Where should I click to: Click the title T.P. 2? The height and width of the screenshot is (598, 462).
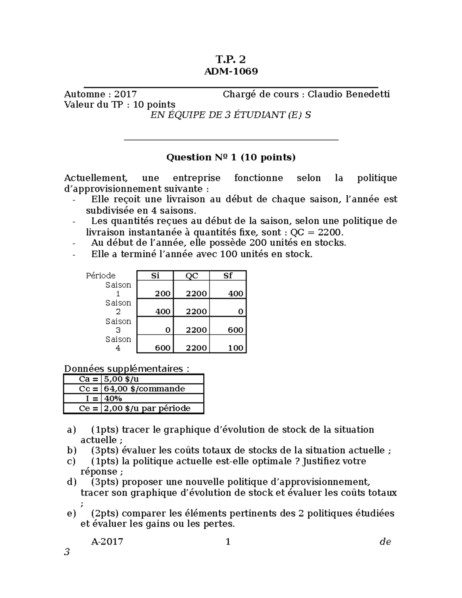(x=230, y=59)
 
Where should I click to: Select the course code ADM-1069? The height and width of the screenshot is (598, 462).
(x=231, y=71)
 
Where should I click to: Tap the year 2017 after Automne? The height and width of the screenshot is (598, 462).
(x=125, y=94)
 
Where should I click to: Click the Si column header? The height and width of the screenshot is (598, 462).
(x=155, y=276)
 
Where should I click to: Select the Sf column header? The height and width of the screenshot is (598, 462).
(x=228, y=276)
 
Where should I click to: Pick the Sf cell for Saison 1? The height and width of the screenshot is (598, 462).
(x=235, y=293)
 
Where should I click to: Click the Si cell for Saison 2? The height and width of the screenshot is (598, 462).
(x=162, y=312)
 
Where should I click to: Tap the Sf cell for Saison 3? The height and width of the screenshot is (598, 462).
(x=235, y=330)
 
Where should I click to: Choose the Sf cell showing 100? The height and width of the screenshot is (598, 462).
(x=235, y=348)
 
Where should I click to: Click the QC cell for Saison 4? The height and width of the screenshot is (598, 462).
(x=196, y=348)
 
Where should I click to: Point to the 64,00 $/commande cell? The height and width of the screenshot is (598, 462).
(x=144, y=389)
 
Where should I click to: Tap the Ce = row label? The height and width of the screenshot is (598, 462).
(x=89, y=409)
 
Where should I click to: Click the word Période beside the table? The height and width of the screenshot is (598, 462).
(x=100, y=276)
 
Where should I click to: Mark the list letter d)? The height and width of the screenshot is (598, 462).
(x=72, y=482)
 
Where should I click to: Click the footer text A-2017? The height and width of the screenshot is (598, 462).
(x=107, y=542)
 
